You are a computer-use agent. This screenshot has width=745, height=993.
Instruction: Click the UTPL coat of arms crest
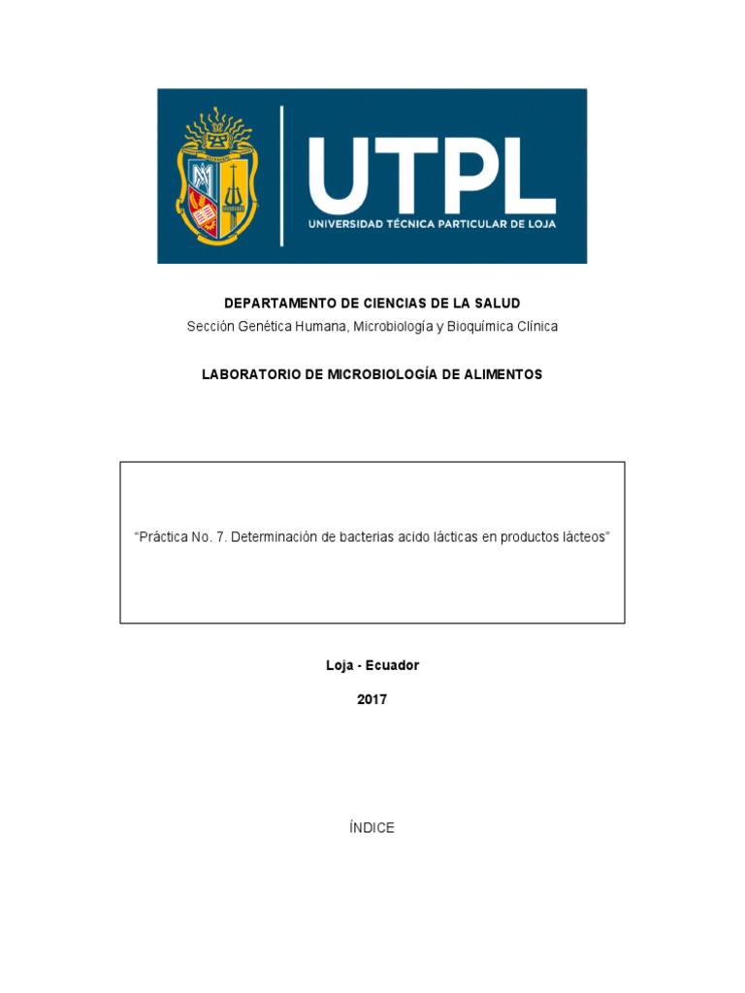(217, 176)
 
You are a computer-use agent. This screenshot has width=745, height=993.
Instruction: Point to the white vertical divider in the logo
(282, 176)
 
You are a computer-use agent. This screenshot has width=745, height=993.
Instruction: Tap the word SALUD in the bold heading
(499, 304)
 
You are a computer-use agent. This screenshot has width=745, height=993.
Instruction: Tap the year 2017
(372, 699)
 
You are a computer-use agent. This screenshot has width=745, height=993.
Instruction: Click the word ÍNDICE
(372, 828)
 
